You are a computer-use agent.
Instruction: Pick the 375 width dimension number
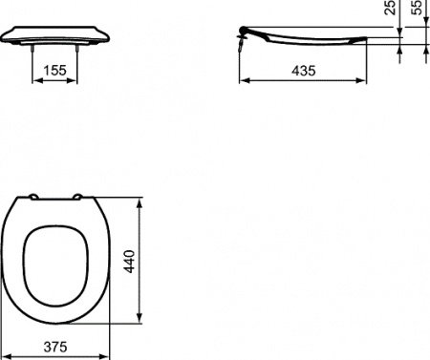coord(59,349)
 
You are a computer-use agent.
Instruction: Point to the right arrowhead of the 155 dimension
coord(75,82)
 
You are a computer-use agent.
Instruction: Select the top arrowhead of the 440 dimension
coord(142,201)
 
